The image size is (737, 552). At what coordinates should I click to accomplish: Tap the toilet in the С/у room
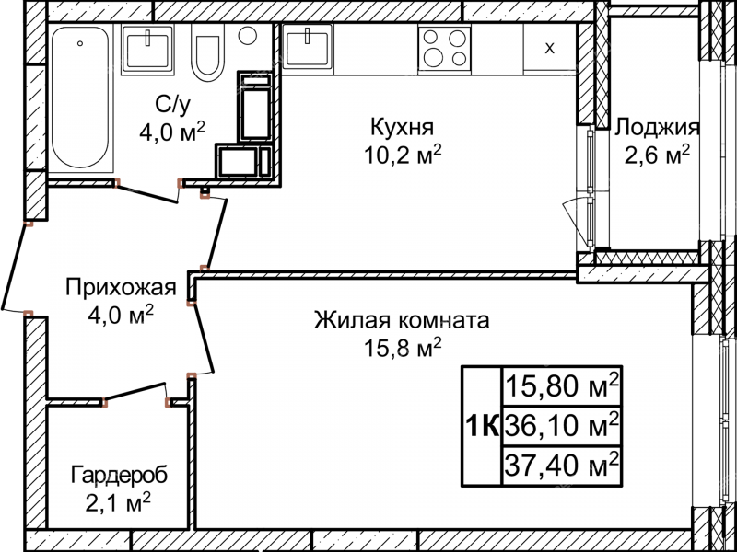pos(208,58)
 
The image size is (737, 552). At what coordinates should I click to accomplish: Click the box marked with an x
pos(549,48)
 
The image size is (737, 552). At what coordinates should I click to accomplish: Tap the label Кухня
pos(402,126)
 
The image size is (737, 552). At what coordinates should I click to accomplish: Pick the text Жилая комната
pos(402,321)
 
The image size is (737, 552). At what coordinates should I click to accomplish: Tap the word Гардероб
pos(118,476)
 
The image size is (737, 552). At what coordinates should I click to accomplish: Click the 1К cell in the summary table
pos(481,425)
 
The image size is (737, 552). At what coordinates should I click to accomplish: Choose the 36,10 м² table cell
pos(560,424)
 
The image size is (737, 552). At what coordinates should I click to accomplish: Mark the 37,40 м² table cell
pos(560,464)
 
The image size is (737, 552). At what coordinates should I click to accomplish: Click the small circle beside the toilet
pos(247,36)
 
